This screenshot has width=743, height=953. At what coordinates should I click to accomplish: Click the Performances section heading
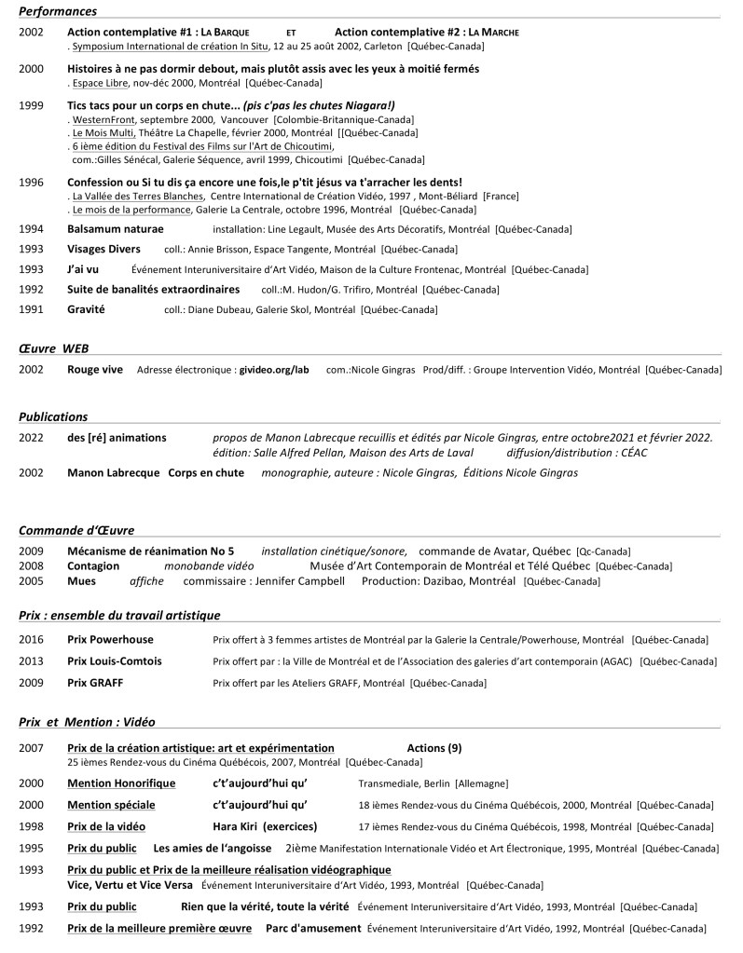58,11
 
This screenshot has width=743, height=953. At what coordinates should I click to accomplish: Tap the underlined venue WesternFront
104,120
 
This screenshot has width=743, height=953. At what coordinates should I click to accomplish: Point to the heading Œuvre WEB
54,347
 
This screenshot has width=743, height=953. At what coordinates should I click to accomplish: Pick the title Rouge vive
95,370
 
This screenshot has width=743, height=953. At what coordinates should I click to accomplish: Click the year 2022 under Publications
31,438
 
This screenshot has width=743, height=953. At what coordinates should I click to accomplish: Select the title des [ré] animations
117,438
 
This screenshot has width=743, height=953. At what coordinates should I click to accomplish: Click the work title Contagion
93,566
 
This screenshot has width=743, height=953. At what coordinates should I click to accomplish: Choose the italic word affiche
146,581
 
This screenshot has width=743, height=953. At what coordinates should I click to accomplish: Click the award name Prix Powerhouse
110,640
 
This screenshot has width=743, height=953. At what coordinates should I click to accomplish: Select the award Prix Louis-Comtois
115,661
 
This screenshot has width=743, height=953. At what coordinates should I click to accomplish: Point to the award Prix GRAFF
95,683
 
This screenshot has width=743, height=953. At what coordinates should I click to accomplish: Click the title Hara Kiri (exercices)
265,826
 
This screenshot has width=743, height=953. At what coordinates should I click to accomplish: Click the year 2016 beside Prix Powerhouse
31,640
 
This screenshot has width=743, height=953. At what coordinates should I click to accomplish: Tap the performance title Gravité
86,309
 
